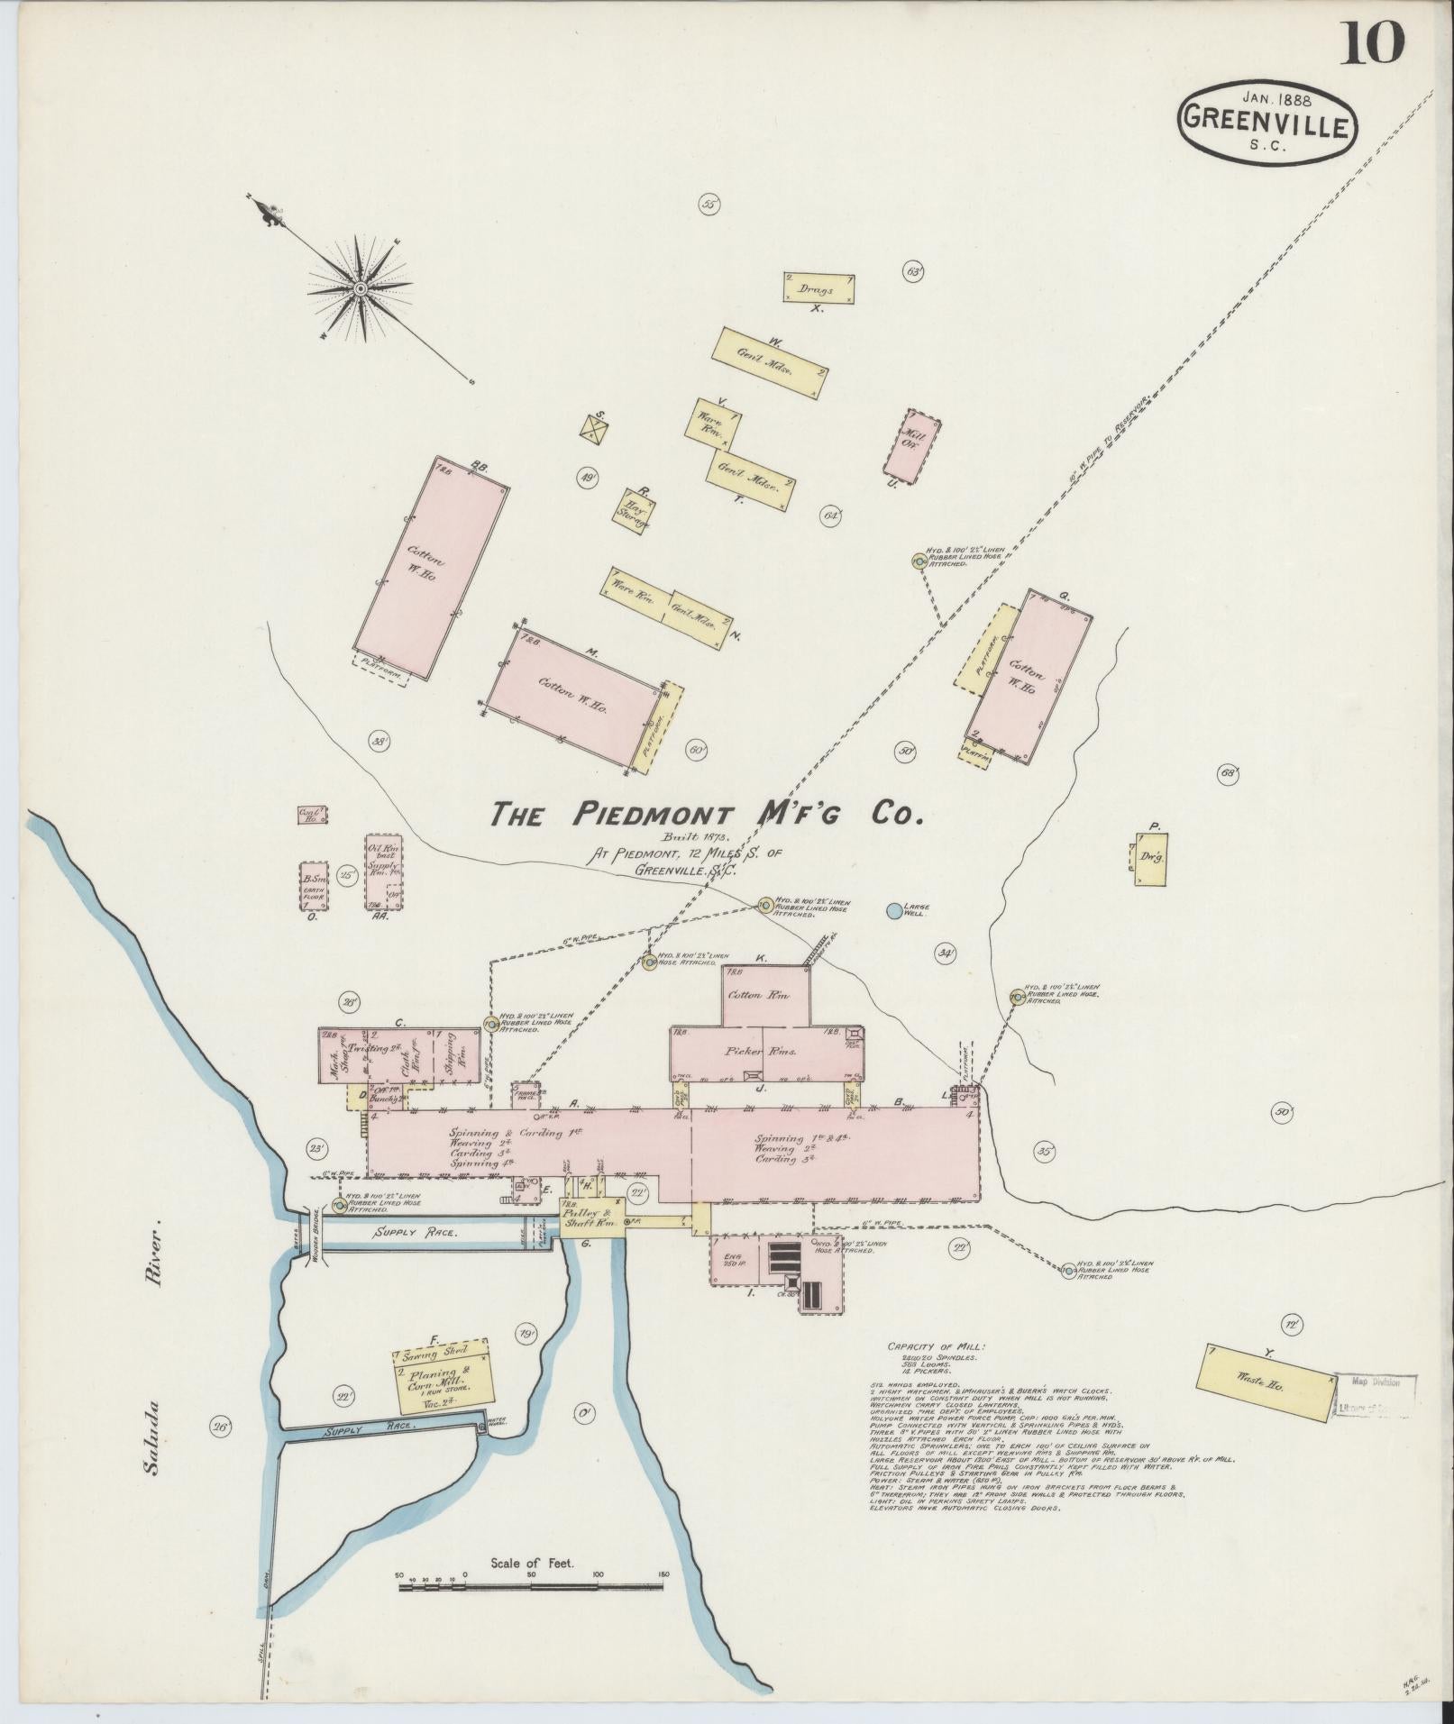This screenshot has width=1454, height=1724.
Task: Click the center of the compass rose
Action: pyautogui.click(x=360, y=288)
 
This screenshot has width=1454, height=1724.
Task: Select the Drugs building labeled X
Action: pyautogui.click(x=818, y=288)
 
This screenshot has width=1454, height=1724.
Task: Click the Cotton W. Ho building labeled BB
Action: pyautogui.click(x=431, y=567)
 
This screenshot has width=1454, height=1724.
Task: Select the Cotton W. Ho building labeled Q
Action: pyautogui.click(x=1032, y=676)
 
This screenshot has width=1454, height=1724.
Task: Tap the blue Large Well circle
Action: pyautogui.click(x=893, y=910)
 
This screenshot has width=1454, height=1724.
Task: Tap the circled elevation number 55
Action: pyautogui.click(x=709, y=205)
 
